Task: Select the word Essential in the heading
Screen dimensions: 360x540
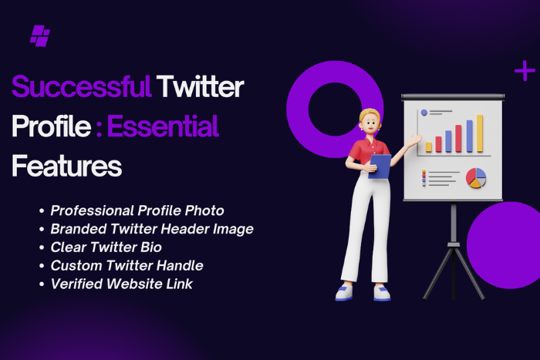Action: [163, 126]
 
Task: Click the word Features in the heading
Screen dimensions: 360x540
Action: [66, 165]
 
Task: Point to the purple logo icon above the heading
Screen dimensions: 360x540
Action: [39, 35]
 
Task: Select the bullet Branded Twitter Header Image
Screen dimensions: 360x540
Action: [151, 228]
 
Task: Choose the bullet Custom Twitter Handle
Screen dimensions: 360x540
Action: [127, 265]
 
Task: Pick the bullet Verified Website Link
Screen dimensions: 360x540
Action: [121, 284]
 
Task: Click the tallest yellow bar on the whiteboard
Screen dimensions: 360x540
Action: [479, 133]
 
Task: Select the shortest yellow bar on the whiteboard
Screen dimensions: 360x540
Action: [429, 146]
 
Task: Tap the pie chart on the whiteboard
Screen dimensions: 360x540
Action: [476, 177]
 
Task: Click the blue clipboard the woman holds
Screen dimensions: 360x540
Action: [379, 165]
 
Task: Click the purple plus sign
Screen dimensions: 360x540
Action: [525, 72]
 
